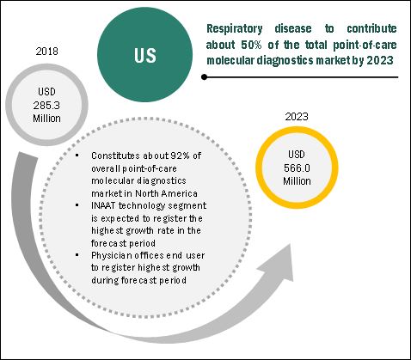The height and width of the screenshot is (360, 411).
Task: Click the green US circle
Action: click(144, 54)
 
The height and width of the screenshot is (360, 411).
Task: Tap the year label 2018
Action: click(46, 52)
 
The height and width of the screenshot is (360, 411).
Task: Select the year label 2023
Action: click(297, 117)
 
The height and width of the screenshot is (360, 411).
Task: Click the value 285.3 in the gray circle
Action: click(46, 106)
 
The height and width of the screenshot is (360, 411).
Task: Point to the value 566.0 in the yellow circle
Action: click(297, 168)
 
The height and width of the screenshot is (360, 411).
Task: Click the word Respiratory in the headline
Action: click(235, 28)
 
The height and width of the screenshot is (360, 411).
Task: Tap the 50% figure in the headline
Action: click(251, 45)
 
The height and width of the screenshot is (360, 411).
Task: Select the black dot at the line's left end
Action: click(204, 77)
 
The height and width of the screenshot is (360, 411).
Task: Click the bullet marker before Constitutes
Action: click(77, 155)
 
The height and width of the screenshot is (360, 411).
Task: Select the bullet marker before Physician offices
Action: click(77, 254)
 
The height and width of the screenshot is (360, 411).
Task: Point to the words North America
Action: click(166, 193)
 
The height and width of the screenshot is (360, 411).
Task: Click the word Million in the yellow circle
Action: click(297, 181)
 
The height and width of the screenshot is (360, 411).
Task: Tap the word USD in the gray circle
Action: click(46, 92)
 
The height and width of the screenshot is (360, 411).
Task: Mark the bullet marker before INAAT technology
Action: click(77, 204)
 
